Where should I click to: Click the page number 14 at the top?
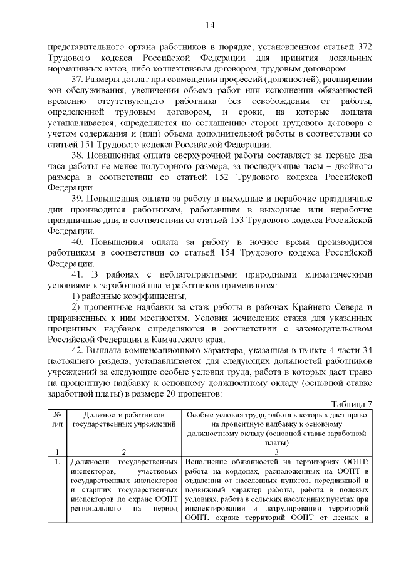[x=209, y=25]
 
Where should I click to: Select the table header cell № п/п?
[x=57, y=420]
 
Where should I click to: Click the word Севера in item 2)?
[x=341, y=306]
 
